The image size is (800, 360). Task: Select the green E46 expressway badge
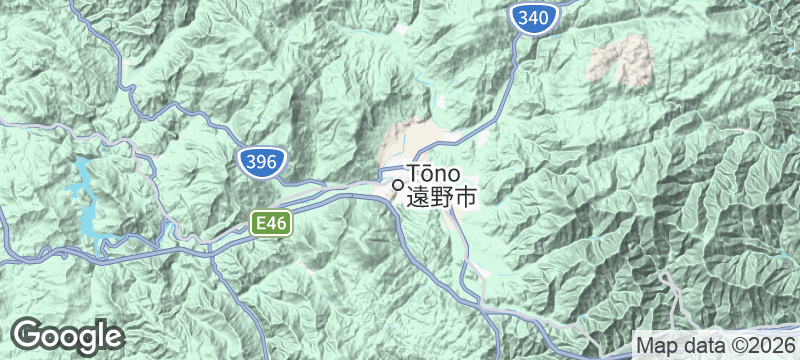(270, 225)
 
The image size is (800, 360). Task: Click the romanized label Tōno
(434, 174)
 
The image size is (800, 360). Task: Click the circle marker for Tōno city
(398, 184)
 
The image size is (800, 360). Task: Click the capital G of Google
(29, 335)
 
